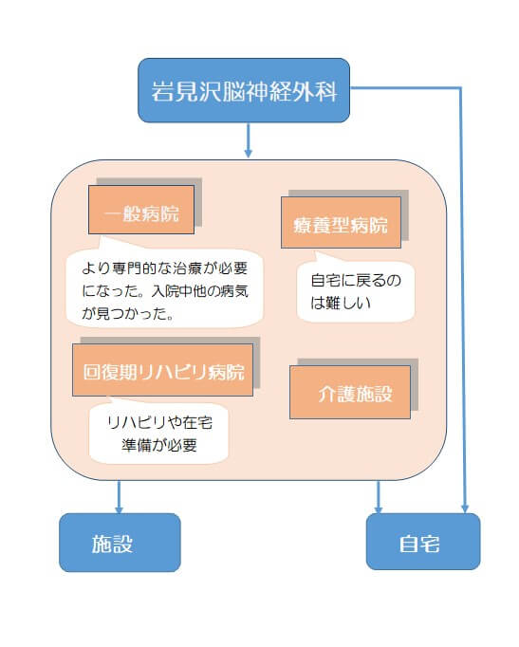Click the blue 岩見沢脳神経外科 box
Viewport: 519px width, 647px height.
click(x=244, y=90)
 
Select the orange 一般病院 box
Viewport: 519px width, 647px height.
click(x=141, y=210)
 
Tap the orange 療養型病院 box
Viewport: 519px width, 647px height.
click(x=341, y=222)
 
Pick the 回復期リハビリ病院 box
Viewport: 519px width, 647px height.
click(x=162, y=370)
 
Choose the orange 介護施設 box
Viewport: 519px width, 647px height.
click(x=350, y=392)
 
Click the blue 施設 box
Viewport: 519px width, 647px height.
click(x=120, y=543)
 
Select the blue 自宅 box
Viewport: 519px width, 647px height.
click(x=423, y=542)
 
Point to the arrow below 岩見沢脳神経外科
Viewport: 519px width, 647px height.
click(x=248, y=140)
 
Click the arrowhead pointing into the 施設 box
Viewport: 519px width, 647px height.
click(x=119, y=509)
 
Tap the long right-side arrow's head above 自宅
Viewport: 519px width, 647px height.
click(x=465, y=508)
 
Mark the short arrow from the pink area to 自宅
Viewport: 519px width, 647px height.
click(x=378, y=497)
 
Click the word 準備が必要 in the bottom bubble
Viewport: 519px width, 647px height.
click(x=159, y=445)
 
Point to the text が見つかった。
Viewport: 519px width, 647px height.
click(x=127, y=314)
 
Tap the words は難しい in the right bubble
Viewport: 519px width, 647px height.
click(x=341, y=303)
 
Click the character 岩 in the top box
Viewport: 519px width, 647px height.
click(x=162, y=91)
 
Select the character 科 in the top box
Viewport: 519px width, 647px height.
click(x=326, y=91)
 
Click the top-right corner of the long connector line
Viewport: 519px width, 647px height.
click(x=460, y=87)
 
